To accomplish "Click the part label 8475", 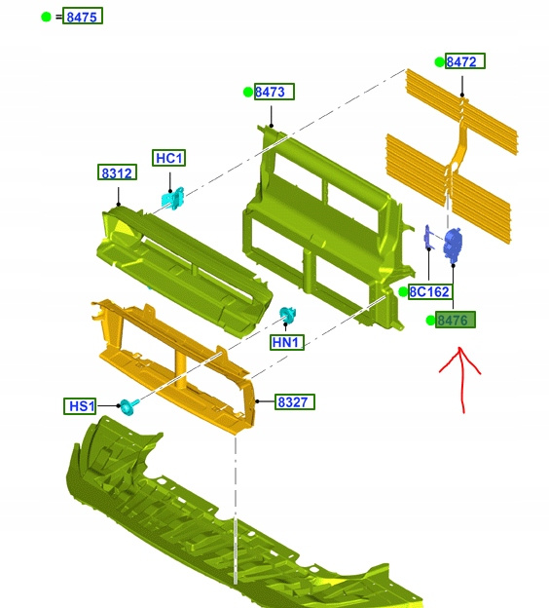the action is point(83,16).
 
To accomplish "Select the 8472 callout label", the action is point(465,60).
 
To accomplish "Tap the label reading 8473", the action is point(274,92).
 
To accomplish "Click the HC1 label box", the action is point(169,158).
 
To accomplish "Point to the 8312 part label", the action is point(117,172).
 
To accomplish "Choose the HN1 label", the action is point(287,342).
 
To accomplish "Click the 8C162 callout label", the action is point(430,291).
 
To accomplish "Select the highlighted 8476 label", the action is point(456,320).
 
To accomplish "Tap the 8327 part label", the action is point(294,401).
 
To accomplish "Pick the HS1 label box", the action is point(80,406).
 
